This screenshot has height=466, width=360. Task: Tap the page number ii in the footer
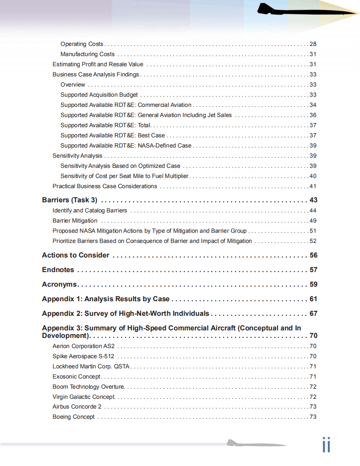click(326, 445)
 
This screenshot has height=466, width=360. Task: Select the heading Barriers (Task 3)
click(69, 200)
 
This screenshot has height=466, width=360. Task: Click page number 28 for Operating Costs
click(313, 44)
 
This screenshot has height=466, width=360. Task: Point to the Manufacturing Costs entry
click(87, 54)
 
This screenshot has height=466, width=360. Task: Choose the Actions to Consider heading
click(76, 255)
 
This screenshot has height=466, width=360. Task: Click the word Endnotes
click(58, 270)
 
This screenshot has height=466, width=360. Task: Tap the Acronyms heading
click(59, 284)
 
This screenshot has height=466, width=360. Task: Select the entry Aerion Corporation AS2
click(83, 346)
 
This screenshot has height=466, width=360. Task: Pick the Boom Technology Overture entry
click(88, 387)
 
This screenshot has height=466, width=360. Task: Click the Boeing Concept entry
click(73, 417)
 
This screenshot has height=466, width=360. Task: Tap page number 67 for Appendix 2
click(313, 314)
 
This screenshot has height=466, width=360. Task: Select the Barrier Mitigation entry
click(75, 221)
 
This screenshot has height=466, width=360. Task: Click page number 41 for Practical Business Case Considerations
click(313, 186)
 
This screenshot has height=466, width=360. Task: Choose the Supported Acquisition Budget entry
click(99, 95)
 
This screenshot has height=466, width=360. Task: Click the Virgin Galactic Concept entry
click(84, 397)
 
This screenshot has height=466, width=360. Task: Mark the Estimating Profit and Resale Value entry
click(98, 64)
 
